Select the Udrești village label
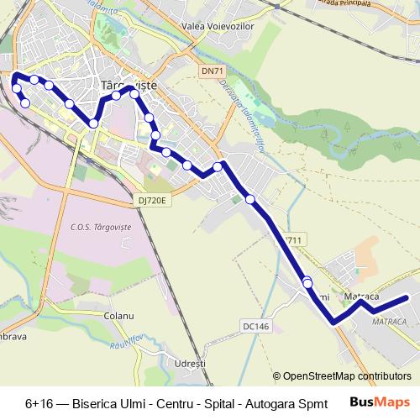189,363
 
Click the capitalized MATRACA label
389,322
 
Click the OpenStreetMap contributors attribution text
347,375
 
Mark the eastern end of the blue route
407,297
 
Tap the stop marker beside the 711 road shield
307,283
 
